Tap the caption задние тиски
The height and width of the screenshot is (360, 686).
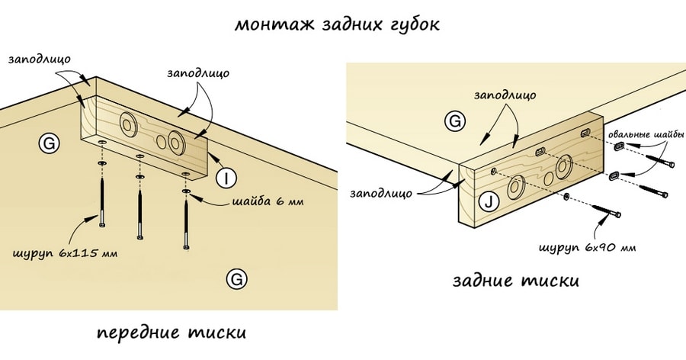(515, 280)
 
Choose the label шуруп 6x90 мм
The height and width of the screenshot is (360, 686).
(587, 247)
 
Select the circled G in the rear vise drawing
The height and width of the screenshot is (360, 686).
(454, 121)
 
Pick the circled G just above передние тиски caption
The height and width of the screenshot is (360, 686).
(237, 280)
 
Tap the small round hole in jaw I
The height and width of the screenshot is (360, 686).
(161, 141)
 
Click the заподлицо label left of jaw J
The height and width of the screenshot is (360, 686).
(381, 193)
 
